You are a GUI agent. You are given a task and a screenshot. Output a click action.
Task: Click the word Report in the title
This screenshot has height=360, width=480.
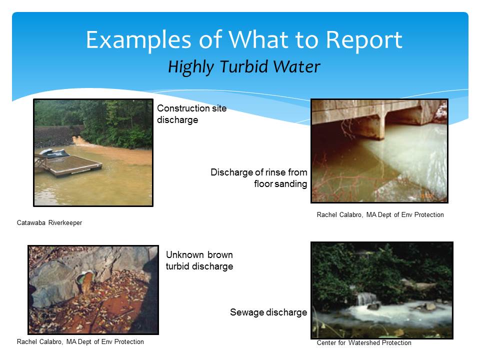pyautogui.click(x=363, y=40)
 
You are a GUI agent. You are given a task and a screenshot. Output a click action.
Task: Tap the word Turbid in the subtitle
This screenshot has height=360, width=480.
pyautogui.click(x=243, y=66)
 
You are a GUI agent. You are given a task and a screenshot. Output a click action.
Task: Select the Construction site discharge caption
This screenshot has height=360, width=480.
pyautogui.click(x=191, y=114)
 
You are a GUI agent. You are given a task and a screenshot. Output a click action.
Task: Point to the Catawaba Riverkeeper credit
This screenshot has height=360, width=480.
pyautogui.click(x=49, y=223)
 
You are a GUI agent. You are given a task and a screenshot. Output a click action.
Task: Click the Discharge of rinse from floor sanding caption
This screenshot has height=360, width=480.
pyautogui.click(x=258, y=178)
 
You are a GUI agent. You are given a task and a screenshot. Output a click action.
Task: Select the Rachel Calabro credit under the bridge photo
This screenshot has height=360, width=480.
pyautogui.click(x=380, y=215)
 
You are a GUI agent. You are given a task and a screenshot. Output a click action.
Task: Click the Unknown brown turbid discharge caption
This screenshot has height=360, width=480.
pyautogui.click(x=199, y=260)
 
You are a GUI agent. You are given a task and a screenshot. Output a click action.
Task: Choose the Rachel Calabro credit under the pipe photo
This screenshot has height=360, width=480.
pyautogui.click(x=80, y=341)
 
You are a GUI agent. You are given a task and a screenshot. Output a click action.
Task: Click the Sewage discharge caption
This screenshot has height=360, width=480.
pyautogui.click(x=268, y=312)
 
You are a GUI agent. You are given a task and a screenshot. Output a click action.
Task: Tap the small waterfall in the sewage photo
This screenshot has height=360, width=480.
pyautogui.click(x=366, y=299)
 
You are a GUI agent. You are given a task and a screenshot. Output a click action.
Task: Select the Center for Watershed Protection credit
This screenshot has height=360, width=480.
pyautogui.click(x=364, y=343)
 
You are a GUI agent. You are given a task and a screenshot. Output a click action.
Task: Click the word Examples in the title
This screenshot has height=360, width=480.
pyautogui.click(x=138, y=40)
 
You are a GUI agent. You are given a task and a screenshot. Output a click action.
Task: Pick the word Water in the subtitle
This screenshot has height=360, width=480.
pyautogui.click(x=296, y=66)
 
